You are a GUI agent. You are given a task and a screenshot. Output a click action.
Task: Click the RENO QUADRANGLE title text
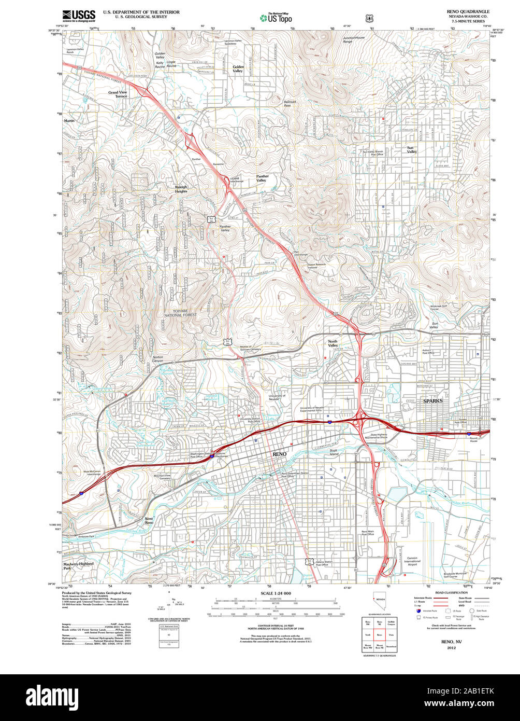[x=468, y=11]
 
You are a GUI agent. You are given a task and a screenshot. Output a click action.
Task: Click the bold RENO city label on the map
[x=279, y=454]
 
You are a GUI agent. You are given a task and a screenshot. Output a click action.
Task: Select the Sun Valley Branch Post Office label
[x=373, y=153]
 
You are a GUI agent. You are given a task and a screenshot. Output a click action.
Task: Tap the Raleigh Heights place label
[x=181, y=189]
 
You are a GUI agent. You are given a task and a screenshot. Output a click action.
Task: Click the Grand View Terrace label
[x=118, y=94]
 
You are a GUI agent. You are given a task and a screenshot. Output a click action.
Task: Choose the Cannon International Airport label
[x=412, y=561]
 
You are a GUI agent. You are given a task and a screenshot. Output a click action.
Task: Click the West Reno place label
[x=149, y=521]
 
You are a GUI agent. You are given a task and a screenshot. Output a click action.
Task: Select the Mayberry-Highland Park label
[x=78, y=565]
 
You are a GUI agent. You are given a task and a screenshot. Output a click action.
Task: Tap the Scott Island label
[x=334, y=452]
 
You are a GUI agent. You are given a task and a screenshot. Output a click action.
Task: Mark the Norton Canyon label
[x=161, y=359]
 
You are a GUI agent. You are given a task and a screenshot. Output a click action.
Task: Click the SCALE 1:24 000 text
[x=276, y=593]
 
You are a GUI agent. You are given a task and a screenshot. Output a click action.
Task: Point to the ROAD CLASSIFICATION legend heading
[x=448, y=591]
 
